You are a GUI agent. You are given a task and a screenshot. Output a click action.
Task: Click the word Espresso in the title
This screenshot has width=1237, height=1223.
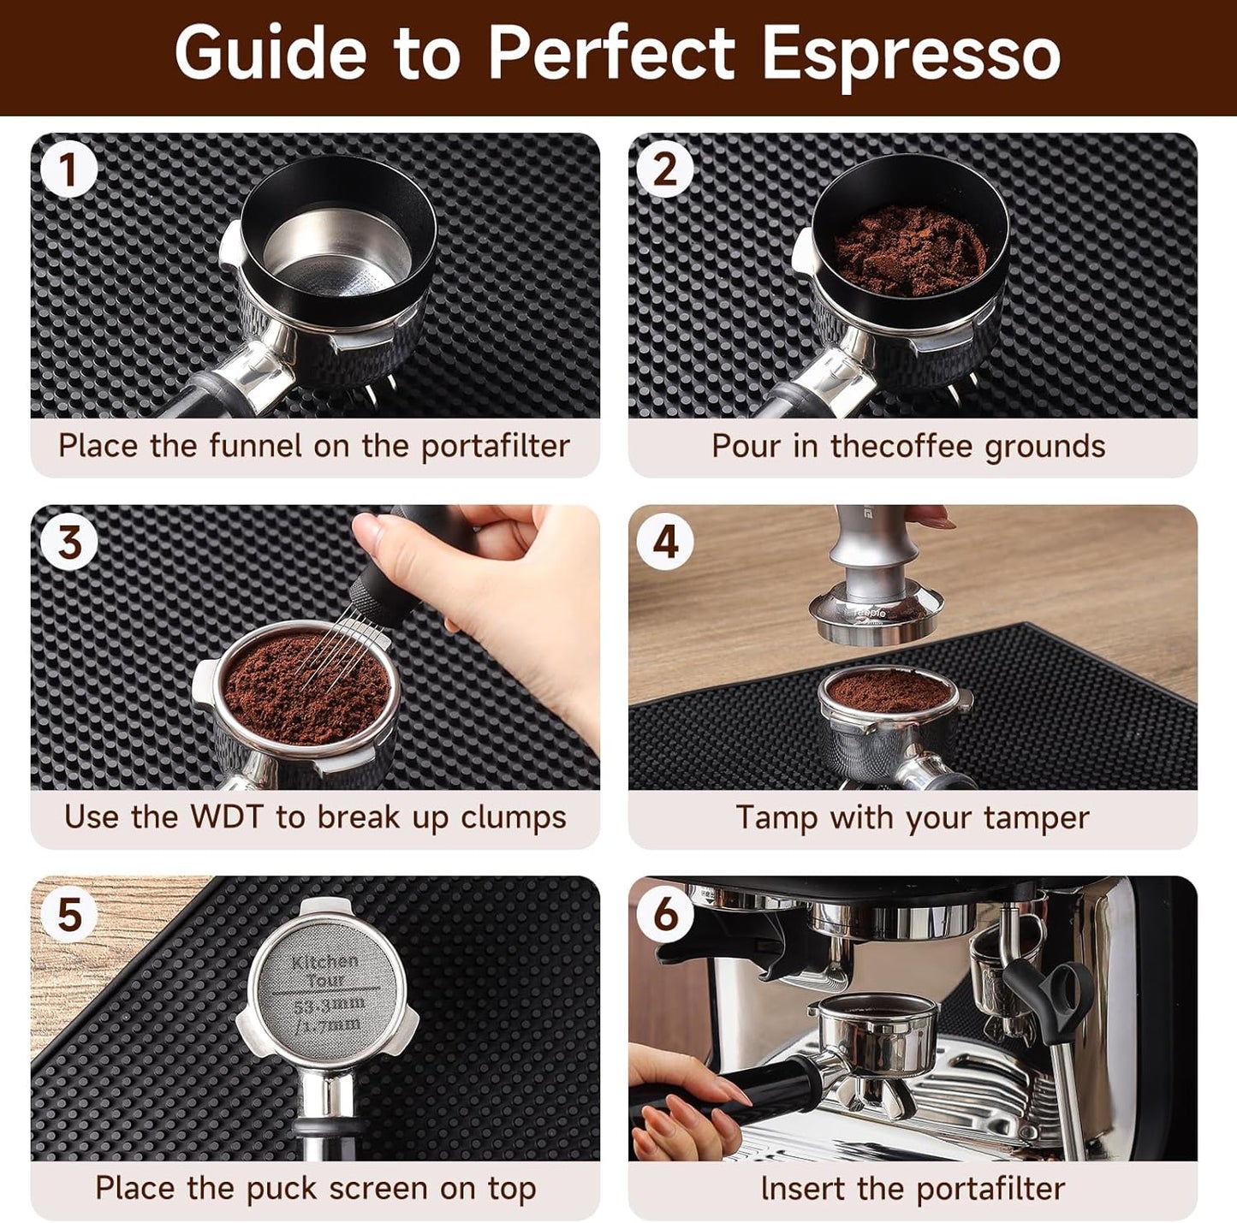911,55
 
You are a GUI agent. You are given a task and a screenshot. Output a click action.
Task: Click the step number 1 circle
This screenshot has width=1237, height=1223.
68,169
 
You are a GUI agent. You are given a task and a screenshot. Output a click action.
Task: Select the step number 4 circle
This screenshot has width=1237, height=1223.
665,542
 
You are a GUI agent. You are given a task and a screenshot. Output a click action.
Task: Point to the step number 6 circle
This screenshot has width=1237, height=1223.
665,914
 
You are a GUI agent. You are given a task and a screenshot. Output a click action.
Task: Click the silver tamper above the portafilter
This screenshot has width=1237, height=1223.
871,582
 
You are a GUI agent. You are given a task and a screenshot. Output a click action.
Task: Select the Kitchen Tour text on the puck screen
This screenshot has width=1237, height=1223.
324,970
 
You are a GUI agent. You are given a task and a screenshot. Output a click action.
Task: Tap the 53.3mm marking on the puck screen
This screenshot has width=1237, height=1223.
328,1004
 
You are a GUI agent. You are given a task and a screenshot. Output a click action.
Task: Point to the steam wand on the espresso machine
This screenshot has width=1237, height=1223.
1066,1070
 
